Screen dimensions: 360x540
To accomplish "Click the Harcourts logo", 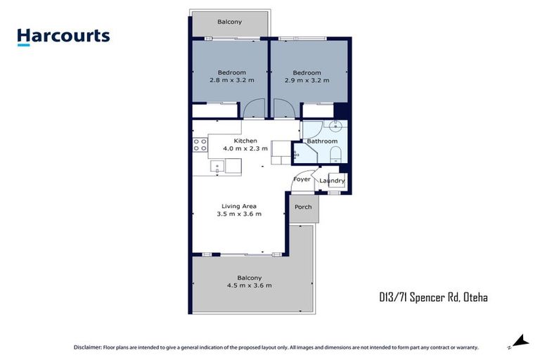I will coord(63,36).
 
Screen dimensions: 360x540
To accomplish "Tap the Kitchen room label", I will coord(236,141).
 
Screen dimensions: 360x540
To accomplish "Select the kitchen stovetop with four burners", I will coord(200,145).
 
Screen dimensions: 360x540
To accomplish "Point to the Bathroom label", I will coord(323,141).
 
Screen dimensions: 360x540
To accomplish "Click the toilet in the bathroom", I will coord(335,155).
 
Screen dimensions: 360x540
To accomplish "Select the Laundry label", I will coord(332,181).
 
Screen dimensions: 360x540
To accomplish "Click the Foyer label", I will coord(302,179).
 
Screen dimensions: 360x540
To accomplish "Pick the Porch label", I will coord(303,207).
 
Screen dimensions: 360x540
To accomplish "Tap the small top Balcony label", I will coord(229,22).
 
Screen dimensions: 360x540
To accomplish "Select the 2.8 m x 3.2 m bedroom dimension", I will coord(231,80).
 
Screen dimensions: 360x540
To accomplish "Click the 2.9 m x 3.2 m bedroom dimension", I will coord(307,80).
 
